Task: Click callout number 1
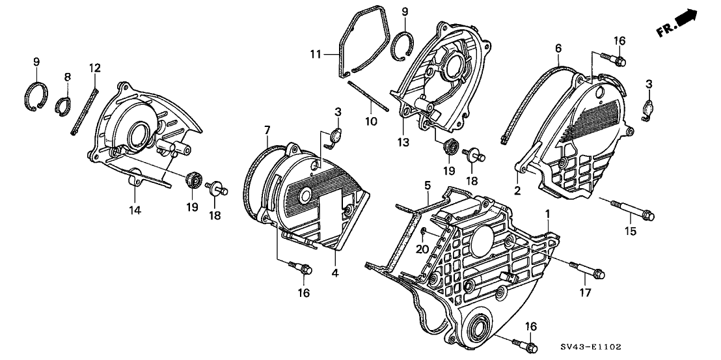point(548,214)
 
